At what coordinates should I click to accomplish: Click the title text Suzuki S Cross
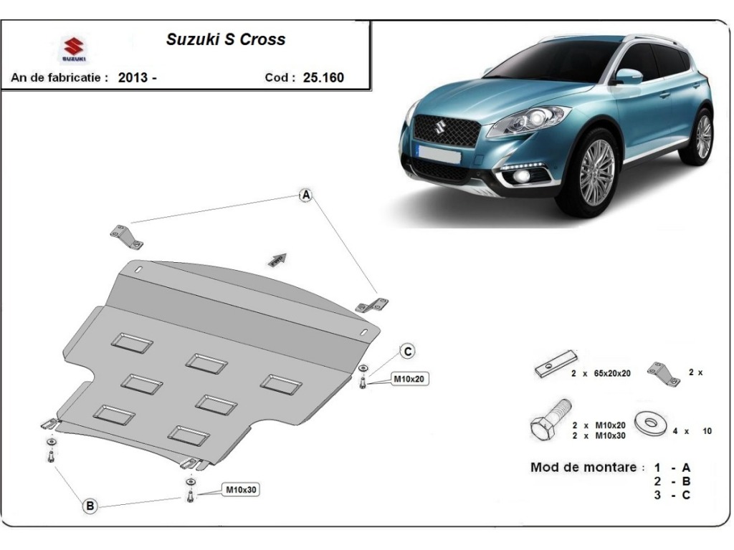(x=226, y=39)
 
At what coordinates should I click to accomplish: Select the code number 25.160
(x=323, y=77)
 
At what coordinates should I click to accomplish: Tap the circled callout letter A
(x=306, y=195)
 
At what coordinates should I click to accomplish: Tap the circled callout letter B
(x=90, y=506)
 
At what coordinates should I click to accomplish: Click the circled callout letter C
(x=407, y=351)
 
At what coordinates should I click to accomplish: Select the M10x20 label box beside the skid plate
(x=409, y=379)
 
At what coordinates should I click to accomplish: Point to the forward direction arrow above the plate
(x=278, y=259)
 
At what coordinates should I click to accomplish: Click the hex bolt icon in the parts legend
(x=549, y=421)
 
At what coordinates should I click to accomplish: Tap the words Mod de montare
(x=583, y=468)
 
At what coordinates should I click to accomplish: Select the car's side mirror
(x=628, y=75)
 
